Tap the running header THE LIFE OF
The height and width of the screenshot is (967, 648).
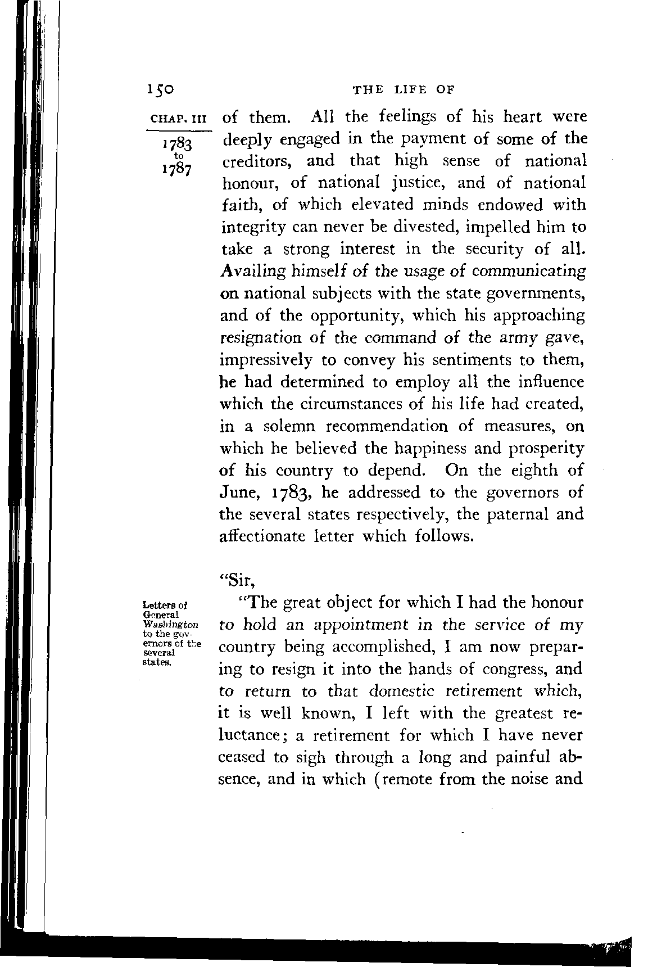click(402, 89)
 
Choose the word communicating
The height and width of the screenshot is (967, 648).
click(529, 272)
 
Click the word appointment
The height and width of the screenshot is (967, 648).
click(368, 625)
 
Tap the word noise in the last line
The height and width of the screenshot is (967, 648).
click(526, 780)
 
